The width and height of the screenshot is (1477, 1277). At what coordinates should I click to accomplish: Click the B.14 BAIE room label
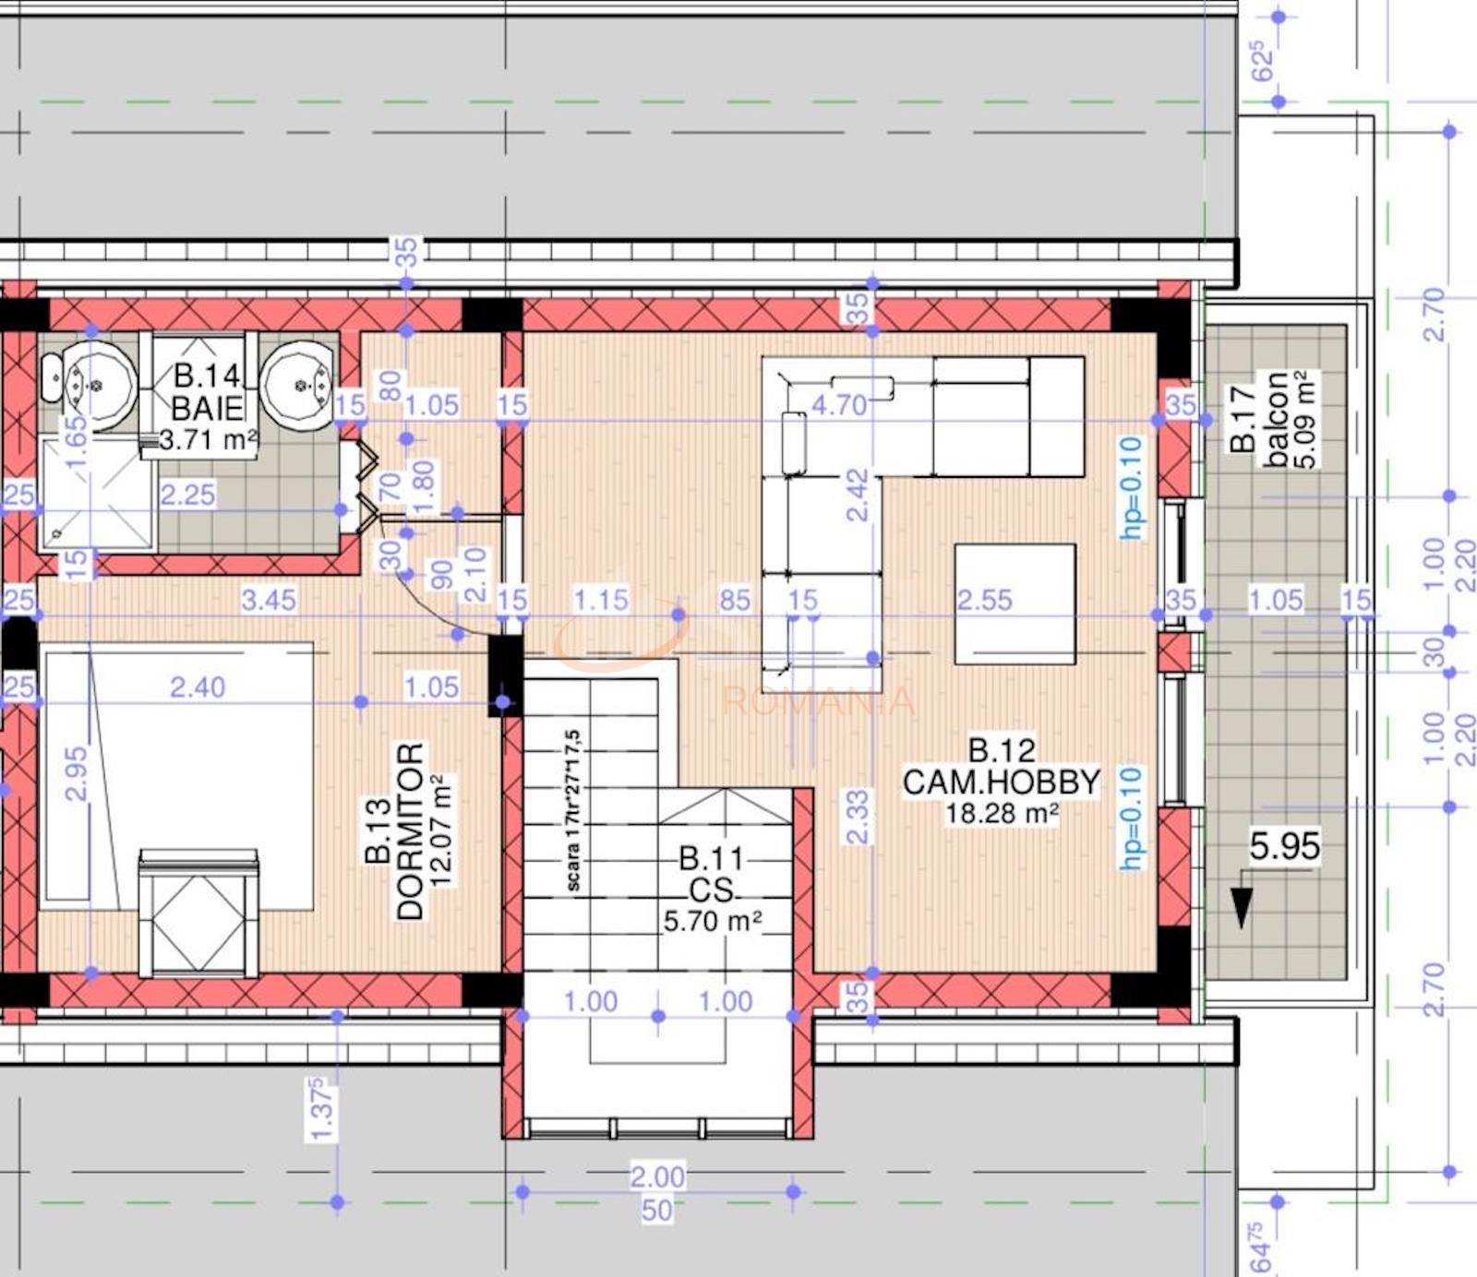(x=208, y=391)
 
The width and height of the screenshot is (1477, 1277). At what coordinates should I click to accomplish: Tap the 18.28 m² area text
(x=1002, y=814)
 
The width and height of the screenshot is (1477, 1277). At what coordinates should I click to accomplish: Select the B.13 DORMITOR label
(x=410, y=830)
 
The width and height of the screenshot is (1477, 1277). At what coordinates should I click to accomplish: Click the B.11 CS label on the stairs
(x=712, y=875)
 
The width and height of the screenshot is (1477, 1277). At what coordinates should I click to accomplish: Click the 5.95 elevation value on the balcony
(x=1284, y=846)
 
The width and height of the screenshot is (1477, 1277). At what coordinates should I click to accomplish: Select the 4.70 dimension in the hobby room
(x=839, y=404)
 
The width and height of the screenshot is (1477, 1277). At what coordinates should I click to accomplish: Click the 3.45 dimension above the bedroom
(x=269, y=600)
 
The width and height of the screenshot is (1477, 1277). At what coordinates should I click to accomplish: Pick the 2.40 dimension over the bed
(x=198, y=686)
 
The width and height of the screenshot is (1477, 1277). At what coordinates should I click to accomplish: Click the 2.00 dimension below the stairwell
(x=657, y=1176)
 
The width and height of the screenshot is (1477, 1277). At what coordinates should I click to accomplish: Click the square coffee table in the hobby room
(x=1015, y=603)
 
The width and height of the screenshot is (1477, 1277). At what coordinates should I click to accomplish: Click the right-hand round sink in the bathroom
(x=296, y=381)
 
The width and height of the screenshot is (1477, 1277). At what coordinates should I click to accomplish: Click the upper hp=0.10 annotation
(x=1132, y=487)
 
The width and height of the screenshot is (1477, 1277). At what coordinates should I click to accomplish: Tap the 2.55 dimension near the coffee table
(x=984, y=600)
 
